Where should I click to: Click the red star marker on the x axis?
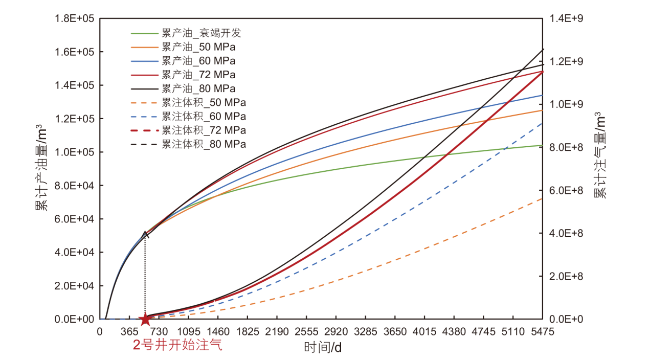pos(145,319)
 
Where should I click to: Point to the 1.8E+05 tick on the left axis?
pos(75,19)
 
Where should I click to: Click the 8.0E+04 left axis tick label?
pos(75,186)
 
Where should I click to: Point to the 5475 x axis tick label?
pos(543,332)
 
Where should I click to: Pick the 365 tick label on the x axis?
pos(129,332)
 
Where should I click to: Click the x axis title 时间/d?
pos(323,348)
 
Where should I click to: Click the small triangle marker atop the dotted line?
pos(145,234)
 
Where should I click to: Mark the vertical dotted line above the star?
pos(145,276)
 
